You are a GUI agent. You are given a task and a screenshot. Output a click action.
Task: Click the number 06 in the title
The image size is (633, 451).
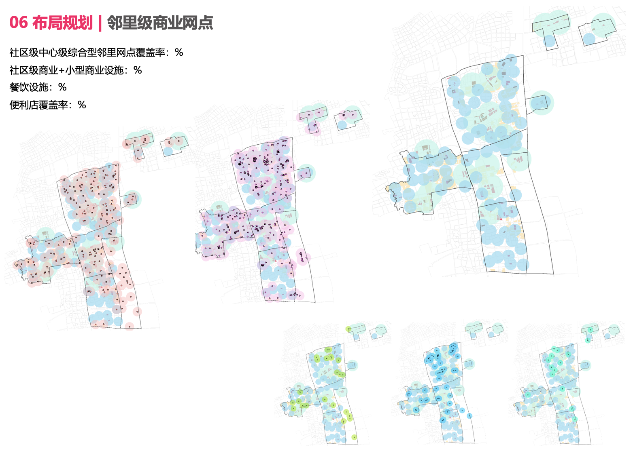pyautogui.click(x=18, y=23)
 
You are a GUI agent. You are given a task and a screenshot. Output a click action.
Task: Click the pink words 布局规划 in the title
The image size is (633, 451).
pyautogui.click(x=63, y=23)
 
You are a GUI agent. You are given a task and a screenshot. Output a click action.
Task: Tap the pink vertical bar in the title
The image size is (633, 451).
pyautogui.click(x=100, y=23)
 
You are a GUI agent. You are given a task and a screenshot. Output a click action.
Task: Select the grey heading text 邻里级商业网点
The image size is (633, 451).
pyautogui.click(x=160, y=23)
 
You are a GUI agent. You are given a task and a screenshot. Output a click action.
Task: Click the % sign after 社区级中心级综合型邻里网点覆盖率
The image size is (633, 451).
pyautogui.click(x=179, y=53)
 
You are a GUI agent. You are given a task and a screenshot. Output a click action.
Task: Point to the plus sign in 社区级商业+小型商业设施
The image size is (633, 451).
pyautogui.click(x=62, y=70)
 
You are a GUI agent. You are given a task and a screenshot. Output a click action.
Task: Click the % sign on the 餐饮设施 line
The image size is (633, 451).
pyautogui.click(x=62, y=87)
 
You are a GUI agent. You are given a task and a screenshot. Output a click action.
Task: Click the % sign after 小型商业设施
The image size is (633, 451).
pyautogui.click(x=138, y=70)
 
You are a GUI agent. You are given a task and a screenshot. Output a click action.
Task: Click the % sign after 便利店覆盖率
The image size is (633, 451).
pyautogui.click(x=82, y=105)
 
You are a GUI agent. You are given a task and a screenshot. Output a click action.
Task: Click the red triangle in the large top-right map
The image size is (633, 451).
pyautogui.click(x=501, y=219)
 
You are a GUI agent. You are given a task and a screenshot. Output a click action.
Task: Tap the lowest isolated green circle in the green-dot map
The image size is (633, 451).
pyautogui.click(x=354, y=437)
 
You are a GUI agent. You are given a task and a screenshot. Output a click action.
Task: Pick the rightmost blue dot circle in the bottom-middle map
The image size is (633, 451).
pyautogui.click(x=470, y=415)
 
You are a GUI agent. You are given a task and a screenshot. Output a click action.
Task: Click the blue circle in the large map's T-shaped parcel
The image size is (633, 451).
pyautogui.click(x=549, y=41)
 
